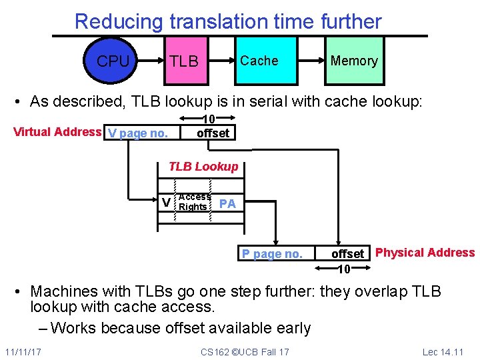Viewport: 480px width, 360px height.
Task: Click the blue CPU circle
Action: coord(113,61)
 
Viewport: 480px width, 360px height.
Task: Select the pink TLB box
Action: coord(184,61)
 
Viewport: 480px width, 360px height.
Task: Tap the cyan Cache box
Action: coord(259,61)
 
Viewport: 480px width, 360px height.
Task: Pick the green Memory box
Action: coord(354,61)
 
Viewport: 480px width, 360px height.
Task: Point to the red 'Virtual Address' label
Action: coord(57,131)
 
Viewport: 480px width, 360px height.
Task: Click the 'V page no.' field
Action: coord(138,133)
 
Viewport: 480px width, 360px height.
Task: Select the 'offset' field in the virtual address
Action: coord(213,133)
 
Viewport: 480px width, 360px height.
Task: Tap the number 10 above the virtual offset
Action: coord(208,120)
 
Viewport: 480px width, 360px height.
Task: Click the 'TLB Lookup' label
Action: coord(203,167)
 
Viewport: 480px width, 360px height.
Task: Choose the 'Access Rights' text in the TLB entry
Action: coord(194,201)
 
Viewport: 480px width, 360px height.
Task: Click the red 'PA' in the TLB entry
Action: coord(227,203)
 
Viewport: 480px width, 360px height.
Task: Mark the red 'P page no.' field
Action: coord(272,253)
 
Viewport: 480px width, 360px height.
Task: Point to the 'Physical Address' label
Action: coord(425,253)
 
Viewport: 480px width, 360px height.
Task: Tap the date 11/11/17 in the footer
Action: coord(22,351)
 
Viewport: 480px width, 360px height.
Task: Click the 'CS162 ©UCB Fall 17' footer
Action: coord(245,351)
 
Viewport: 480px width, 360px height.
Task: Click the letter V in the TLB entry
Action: coord(166,202)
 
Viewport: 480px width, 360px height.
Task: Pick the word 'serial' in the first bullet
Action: coord(264,101)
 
